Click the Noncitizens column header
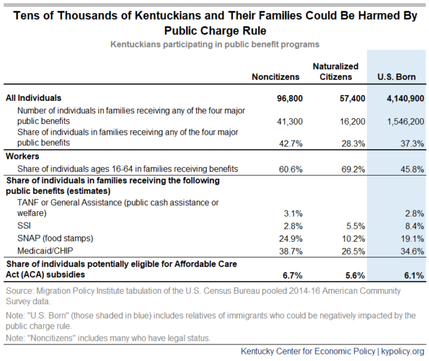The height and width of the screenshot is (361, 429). [275, 77]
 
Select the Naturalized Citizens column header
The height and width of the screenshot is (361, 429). [335, 72]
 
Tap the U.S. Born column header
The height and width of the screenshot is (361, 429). [397, 77]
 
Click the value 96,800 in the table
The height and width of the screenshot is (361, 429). [290, 98]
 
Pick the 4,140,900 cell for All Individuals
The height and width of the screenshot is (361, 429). [405, 98]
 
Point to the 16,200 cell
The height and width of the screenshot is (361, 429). [352, 121]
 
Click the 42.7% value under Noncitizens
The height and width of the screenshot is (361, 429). [291, 143]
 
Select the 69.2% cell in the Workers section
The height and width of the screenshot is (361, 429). [353, 170]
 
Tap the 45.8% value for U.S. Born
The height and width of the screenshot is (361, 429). [412, 170]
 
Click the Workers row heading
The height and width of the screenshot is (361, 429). [22, 156]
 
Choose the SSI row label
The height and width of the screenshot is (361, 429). [24, 226]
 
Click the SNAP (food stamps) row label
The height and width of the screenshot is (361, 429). [55, 238]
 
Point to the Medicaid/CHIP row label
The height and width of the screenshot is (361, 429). [45, 251]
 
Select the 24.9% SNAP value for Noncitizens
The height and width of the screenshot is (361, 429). [291, 239]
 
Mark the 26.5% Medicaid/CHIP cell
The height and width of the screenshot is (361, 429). [353, 251]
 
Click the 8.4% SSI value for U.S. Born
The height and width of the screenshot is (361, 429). [414, 226]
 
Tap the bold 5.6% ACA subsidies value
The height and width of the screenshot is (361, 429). [355, 275]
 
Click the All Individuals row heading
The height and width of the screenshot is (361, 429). [34, 98]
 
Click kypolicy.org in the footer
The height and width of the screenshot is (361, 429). [403, 351]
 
